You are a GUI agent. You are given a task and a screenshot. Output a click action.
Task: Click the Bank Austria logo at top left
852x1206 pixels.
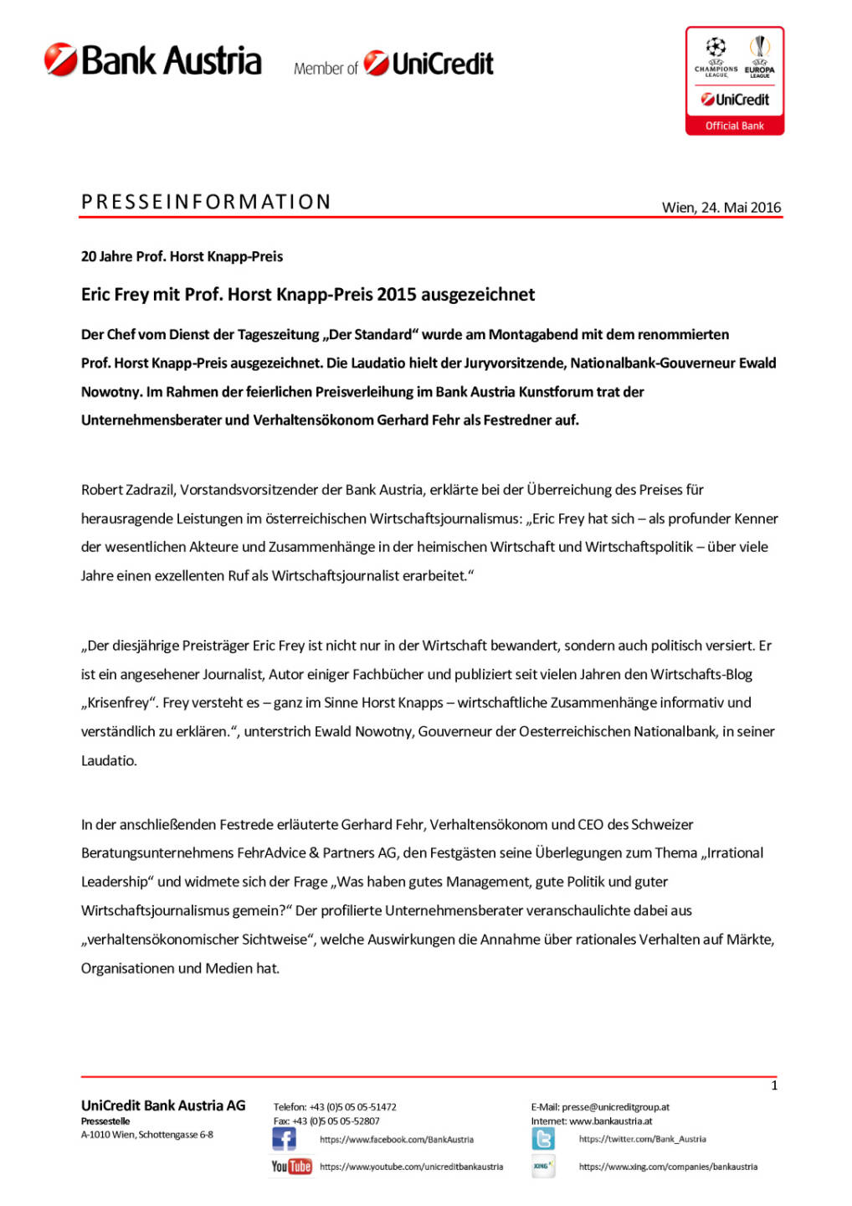153,61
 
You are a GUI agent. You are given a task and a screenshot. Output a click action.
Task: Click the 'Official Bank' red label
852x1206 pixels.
734,126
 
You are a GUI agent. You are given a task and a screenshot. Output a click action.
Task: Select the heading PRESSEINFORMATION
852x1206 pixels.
206,202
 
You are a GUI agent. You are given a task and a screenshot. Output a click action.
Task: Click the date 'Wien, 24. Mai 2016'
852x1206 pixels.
721,208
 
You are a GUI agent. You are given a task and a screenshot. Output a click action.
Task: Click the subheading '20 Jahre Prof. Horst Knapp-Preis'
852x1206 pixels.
182,256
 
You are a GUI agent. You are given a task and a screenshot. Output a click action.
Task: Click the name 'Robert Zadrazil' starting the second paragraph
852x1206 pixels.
127,490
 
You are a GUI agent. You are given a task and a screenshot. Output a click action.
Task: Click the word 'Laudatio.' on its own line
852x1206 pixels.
109,760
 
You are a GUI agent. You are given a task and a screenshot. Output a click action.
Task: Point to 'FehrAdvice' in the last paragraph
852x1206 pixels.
271,853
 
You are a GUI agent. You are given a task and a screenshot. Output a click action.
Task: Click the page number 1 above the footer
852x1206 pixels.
774,1085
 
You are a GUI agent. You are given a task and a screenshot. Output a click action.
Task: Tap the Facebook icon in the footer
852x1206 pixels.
284,1139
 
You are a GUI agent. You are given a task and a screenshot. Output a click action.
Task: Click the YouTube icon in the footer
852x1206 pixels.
291,1166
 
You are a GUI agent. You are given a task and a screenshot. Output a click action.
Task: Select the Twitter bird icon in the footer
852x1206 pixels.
543,1139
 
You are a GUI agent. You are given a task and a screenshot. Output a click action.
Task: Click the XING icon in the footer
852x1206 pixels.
542,1166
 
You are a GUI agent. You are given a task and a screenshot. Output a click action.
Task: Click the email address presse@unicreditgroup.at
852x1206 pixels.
615,1107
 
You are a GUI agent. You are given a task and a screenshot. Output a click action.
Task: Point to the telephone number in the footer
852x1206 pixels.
352,1107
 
